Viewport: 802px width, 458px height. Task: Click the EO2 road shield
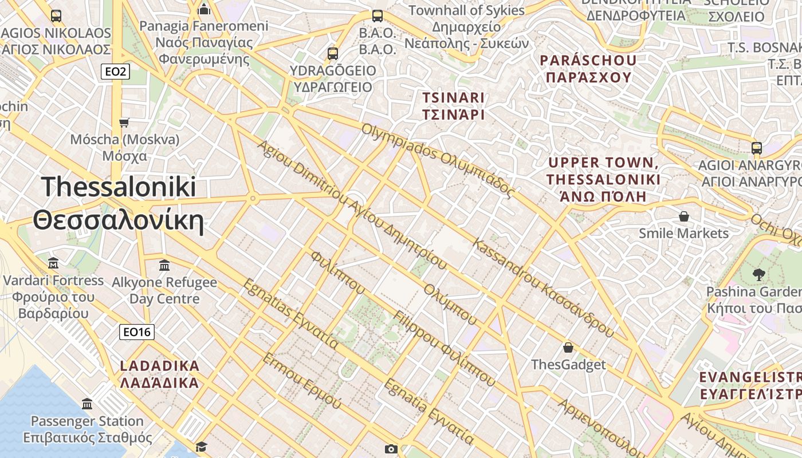click(115, 72)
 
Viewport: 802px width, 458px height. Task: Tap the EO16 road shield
click(137, 332)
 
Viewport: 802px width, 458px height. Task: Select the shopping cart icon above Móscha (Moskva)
click(124, 123)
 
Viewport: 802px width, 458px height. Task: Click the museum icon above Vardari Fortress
click(53, 263)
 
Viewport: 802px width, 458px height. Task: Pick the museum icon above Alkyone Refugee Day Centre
click(164, 265)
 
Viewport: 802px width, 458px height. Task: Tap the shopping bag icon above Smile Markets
click(683, 216)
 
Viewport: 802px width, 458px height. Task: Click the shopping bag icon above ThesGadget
click(568, 348)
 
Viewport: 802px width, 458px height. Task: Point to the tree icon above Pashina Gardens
click(759, 275)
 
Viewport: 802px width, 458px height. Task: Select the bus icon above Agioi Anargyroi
click(757, 148)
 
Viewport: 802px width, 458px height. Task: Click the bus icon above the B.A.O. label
click(377, 16)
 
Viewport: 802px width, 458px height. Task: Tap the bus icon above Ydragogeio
click(333, 54)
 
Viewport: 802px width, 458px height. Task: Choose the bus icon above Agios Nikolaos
click(56, 16)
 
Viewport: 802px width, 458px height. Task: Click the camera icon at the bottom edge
click(391, 449)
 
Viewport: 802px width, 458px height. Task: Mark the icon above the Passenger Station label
click(87, 404)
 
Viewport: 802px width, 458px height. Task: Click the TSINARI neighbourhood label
click(453, 106)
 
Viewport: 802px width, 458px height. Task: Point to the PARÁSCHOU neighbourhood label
click(588, 69)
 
